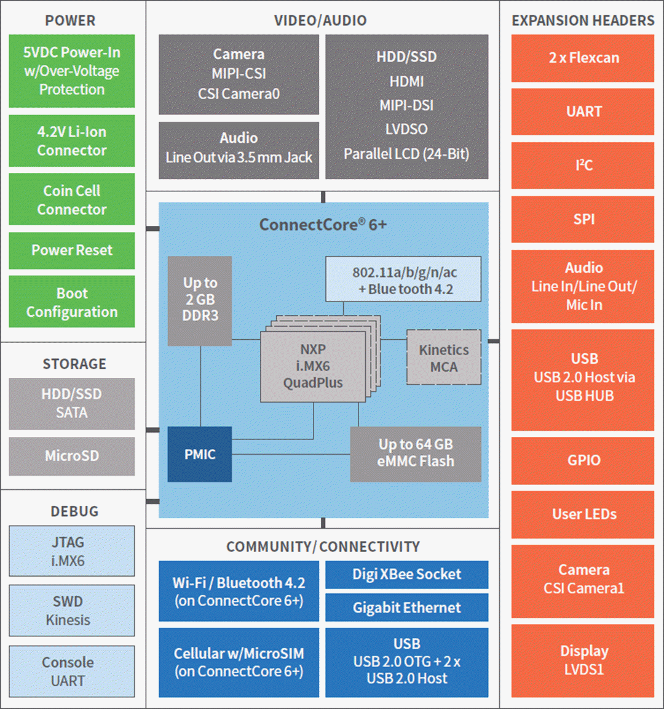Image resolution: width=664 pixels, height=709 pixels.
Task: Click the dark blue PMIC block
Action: (x=200, y=454)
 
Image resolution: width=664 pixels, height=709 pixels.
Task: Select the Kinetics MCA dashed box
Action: (x=444, y=358)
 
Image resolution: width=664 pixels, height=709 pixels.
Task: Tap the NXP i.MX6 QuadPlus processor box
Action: (x=313, y=367)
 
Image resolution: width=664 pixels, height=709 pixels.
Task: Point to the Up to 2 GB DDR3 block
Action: (x=200, y=300)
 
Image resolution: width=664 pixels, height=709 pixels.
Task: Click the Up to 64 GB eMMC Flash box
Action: (x=416, y=454)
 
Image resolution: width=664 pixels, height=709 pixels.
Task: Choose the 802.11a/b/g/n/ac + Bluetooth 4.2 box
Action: (x=403, y=280)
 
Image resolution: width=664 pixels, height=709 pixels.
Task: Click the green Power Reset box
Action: (x=72, y=250)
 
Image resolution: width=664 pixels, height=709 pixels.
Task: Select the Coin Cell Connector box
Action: (x=72, y=200)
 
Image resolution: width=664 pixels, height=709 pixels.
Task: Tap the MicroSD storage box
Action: (x=72, y=456)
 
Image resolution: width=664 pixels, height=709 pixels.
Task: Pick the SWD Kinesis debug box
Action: (x=72, y=611)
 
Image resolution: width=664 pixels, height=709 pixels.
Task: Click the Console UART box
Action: (x=72, y=671)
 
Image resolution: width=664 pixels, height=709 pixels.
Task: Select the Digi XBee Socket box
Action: (x=406, y=574)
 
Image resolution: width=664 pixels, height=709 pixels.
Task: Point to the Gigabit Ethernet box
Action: (x=406, y=608)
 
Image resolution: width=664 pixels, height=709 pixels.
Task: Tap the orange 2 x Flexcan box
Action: (x=583, y=58)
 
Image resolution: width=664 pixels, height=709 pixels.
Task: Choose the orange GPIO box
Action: (x=583, y=460)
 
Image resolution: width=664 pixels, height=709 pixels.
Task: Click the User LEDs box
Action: (x=583, y=515)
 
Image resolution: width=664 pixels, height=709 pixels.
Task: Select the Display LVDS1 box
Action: (x=583, y=660)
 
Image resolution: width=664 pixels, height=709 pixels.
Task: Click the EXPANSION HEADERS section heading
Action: (x=583, y=20)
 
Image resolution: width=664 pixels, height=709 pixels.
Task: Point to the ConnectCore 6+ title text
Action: (x=323, y=225)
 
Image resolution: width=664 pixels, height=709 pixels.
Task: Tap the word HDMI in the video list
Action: (x=406, y=81)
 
